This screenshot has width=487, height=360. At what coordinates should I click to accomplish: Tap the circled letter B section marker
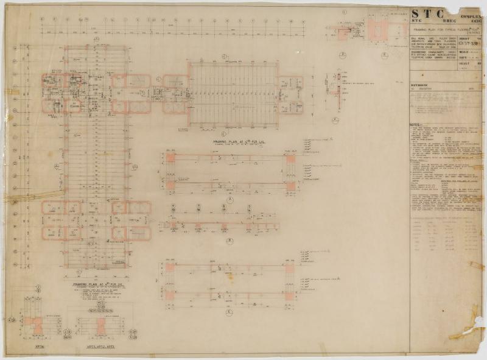[230, 241]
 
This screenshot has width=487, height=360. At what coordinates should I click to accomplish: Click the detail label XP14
[41, 345]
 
